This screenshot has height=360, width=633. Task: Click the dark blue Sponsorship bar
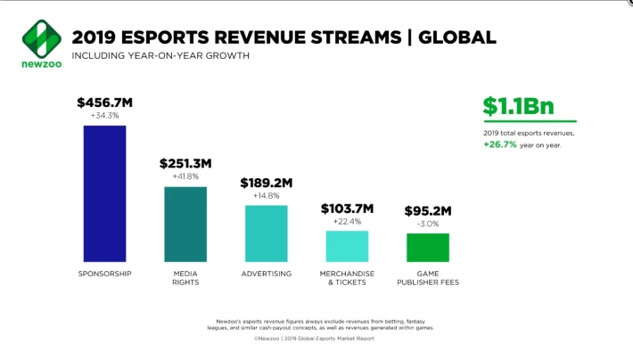click(x=104, y=193)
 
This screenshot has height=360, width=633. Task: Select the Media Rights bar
click(x=185, y=225)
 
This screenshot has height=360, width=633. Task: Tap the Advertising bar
click(x=267, y=233)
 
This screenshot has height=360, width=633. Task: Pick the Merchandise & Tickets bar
click(x=347, y=246)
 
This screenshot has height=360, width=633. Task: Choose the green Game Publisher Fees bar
click(x=428, y=248)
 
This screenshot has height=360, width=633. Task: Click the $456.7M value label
click(x=105, y=102)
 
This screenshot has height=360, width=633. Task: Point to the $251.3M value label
click(x=185, y=163)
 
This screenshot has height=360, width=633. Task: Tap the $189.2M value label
click(x=267, y=183)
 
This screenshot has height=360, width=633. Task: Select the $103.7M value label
click(x=347, y=209)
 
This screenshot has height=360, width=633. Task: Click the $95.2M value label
click(x=428, y=210)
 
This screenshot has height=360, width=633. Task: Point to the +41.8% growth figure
click(x=185, y=176)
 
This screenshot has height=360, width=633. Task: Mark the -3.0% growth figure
click(x=428, y=224)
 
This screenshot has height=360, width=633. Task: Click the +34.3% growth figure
click(x=104, y=116)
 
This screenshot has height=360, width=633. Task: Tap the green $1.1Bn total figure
click(x=519, y=106)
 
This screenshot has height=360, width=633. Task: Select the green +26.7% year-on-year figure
click(x=500, y=144)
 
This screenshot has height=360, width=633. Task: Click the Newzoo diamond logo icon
click(x=42, y=38)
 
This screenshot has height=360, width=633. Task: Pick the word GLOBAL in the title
click(x=457, y=37)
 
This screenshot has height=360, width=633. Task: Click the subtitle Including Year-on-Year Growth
click(x=160, y=56)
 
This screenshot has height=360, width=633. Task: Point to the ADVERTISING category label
click(x=267, y=274)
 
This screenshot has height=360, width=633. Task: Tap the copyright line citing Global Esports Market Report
click(x=314, y=339)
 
